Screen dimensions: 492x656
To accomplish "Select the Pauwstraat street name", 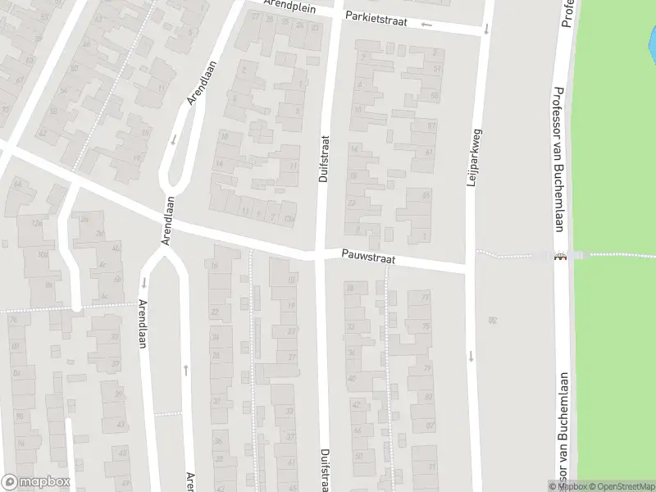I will click(369, 258).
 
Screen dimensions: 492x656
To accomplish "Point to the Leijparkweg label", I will click(471, 158).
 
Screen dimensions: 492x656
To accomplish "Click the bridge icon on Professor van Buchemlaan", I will click(560, 256).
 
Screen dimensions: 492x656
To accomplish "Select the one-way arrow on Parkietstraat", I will click(426, 25).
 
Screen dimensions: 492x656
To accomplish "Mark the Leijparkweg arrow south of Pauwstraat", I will click(471, 356).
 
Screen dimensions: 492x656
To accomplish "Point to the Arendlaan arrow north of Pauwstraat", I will click(174, 139).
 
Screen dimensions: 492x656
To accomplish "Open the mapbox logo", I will click(35, 482).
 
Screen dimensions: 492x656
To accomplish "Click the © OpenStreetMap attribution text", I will click(622, 486).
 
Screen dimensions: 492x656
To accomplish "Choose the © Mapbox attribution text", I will click(568, 486).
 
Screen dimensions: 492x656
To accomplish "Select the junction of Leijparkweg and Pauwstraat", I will click(471, 267).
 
